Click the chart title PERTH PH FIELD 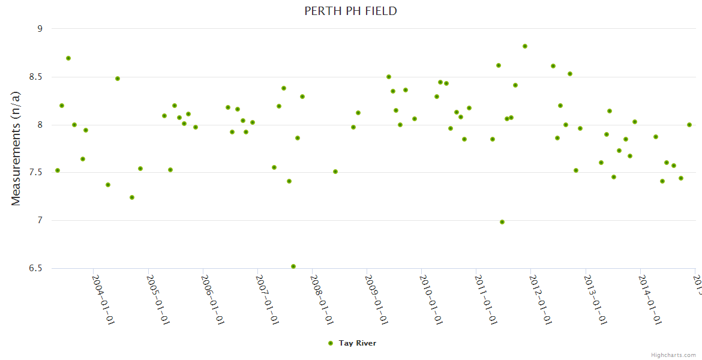350,11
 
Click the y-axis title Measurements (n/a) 16,148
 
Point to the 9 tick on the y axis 40,28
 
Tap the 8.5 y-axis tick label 35,77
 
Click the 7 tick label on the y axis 40,220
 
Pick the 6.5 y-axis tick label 35,268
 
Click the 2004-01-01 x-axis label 103,299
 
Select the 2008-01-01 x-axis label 322,299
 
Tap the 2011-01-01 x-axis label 486,299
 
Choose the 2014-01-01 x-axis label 650,299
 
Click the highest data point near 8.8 525,46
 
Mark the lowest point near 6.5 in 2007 293,266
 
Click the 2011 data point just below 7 502,222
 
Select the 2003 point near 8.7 68,58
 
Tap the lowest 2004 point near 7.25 132,197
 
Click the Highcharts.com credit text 673,355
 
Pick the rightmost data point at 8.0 689,125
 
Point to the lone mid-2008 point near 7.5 335,172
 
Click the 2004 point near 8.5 118,79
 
